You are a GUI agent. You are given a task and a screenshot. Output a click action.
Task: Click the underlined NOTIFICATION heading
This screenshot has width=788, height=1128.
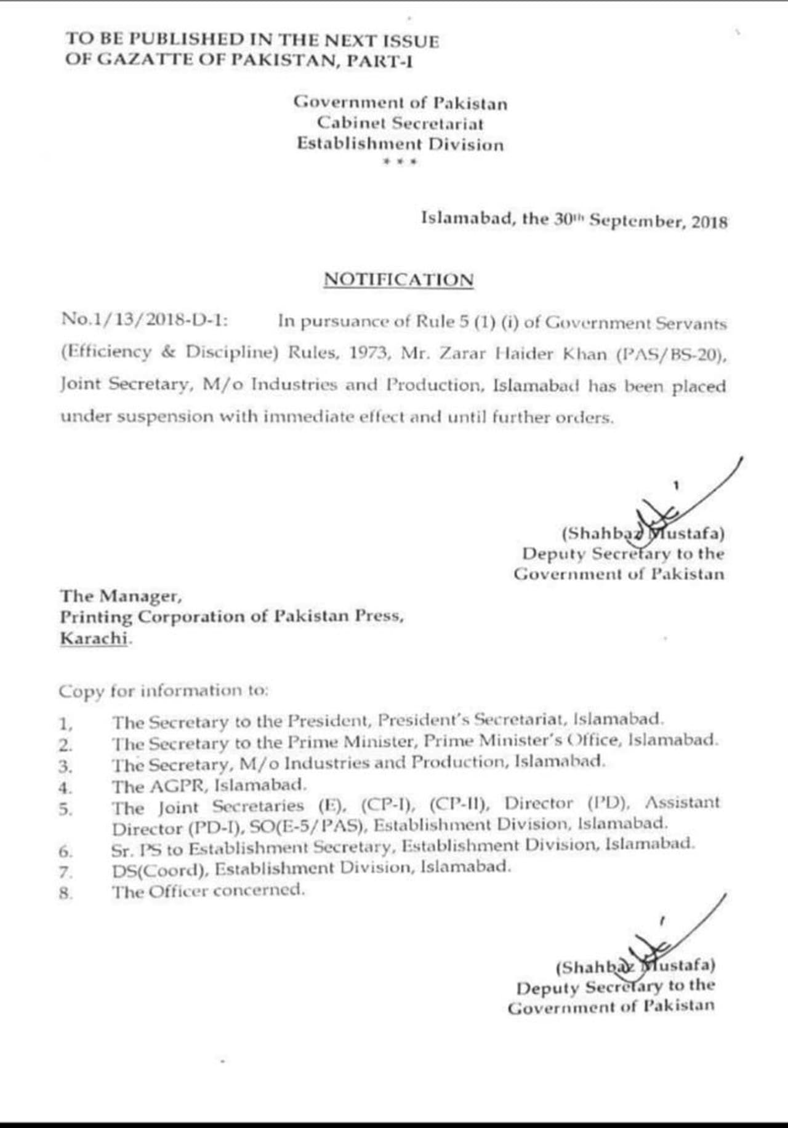point(399,280)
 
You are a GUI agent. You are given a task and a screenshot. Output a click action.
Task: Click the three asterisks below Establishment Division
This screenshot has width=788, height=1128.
point(400,162)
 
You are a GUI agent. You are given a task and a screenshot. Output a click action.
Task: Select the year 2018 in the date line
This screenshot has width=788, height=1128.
point(709,222)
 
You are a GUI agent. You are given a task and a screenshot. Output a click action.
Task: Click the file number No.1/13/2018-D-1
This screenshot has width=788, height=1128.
point(145,320)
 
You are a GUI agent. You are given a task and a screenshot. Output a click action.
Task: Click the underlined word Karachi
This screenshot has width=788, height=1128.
point(94,638)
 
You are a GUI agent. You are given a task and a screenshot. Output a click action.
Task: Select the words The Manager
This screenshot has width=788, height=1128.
point(121,596)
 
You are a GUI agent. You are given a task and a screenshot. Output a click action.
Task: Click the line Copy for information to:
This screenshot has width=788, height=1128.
point(164,691)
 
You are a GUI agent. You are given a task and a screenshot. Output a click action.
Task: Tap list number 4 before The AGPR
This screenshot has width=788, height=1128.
point(65,788)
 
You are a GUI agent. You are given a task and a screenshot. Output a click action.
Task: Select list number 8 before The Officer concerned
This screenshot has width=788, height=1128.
point(65,894)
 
